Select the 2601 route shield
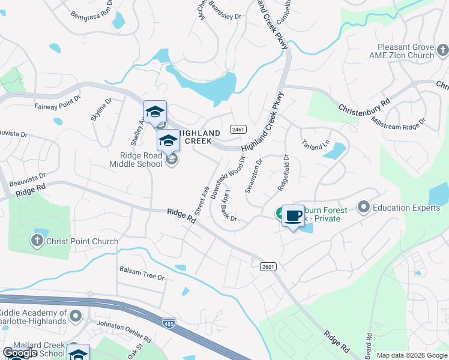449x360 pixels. pos(268,266)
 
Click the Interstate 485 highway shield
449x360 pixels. pos(169,323)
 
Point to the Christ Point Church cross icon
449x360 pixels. pos(37,241)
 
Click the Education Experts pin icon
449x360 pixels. pos(363,208)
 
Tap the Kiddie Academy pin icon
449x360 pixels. pos(75,316)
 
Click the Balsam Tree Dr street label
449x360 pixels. pos(142,273)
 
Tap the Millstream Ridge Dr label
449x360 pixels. pos(398,121)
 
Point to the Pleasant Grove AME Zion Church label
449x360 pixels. pos(405,51)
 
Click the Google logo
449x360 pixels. pos(20,353)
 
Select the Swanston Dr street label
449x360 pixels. pos(253,176)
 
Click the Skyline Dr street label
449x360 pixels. pos(101,110)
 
